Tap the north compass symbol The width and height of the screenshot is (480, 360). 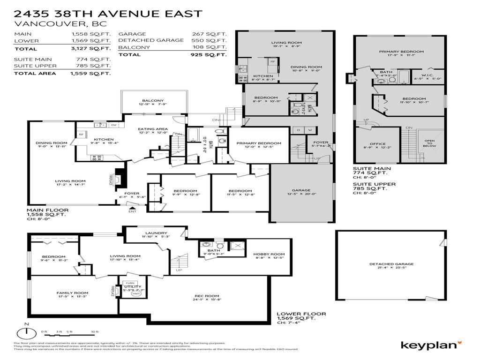[27, 333]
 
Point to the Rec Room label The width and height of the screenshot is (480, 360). [207, 296]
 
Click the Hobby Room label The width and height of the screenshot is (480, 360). [266, 254]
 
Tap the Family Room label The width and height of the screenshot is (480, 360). [73, 293]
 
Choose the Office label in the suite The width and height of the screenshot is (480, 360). [377, 144]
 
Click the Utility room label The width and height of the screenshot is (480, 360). [130, 286]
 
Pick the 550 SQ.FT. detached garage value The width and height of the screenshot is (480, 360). [209, 40]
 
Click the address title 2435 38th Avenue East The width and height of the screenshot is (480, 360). [109, 13]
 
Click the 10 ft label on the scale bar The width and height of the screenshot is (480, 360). [95, 332]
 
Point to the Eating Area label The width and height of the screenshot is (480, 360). [153, 129]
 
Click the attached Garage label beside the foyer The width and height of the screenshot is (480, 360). [301, 191]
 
